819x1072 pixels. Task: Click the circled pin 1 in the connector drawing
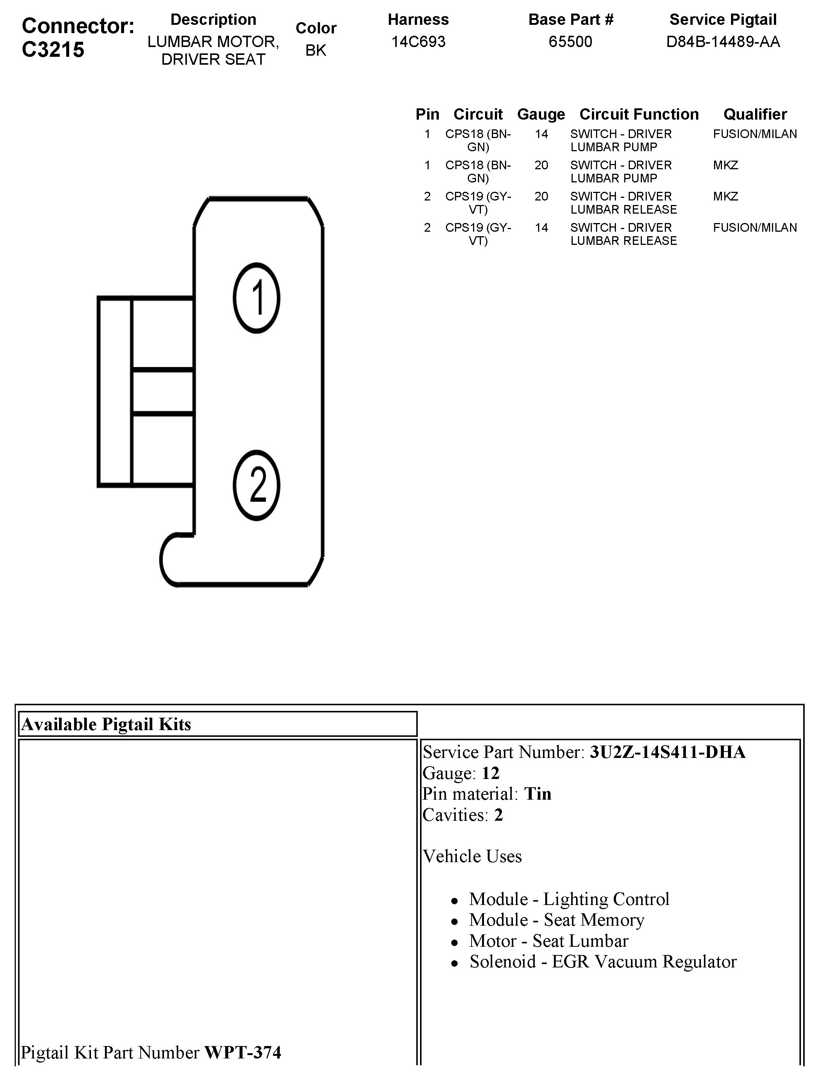pyautogui.click(x=256, y=298)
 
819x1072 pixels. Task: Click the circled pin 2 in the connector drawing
pyautogui.click(x=256, y=485)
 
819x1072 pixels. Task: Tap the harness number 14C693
pyautogui.click(x=418, y=41)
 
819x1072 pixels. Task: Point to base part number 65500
pyautogui.click(x=570, y=41)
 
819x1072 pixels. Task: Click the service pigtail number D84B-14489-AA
pyautogui.click(x=723, y=41)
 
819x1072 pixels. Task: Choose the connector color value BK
pyautogui.click(x=315, y=50)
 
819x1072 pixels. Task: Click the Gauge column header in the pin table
pyautogui.click(x=541, y=114)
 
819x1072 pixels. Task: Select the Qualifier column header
pyautogui.click(x=755, y=114)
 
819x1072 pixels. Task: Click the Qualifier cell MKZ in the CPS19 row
pyautogui.click(x=725, y=196)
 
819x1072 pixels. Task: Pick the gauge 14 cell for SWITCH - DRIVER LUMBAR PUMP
pyautogui.click(x=541, y=134)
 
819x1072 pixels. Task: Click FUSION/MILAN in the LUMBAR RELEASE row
pyautogui.click(x=755, y=228)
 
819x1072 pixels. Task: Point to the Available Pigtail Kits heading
pyautogui.click(x=106, y=724)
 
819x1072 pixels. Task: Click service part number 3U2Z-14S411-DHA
pyautogui.click(x=667, y=752)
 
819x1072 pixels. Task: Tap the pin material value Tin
pyautogui.click(x=538, y=794)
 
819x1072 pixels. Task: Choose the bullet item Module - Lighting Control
pyautogui.click(x=569, y=899)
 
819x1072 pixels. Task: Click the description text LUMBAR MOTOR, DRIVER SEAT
pyautogui.click(x=213, y=50)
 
